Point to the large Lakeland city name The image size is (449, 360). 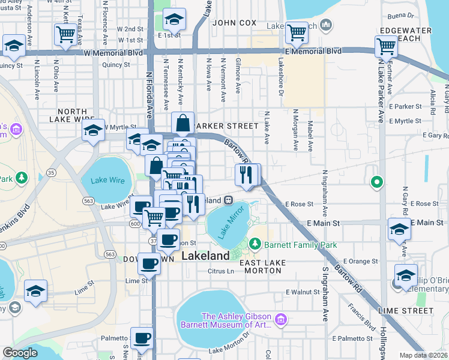(205, 256)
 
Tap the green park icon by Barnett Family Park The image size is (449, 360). (255, 244)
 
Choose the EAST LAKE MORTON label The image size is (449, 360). (260, 266)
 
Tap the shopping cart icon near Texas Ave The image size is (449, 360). (65, 34)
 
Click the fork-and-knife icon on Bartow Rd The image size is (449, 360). (246, 174)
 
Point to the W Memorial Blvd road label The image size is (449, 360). (113, 52)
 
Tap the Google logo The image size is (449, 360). (20, 353)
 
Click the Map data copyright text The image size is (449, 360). (423, 355)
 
